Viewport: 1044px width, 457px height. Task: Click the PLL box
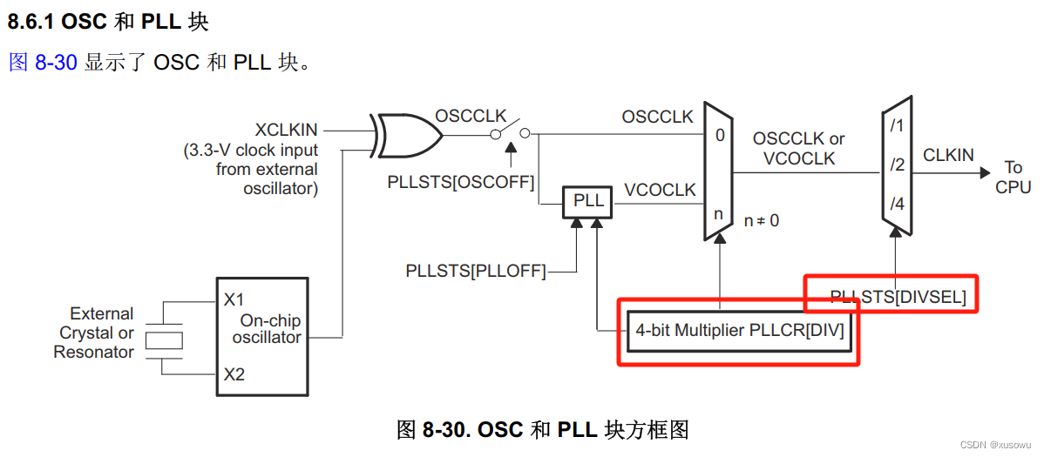pyautogui.click(x=588, y=201)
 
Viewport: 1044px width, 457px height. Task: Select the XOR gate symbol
pyautogui.click(x=406, y=134)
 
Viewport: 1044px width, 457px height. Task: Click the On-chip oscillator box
pyautogui.click(x=262, y=337)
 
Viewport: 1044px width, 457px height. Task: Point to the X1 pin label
pyautogui.click(x=234, y=300)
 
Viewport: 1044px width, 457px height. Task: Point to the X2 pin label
pyautogui.click(x=234, y=375)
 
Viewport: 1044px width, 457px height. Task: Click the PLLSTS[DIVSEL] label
pyautogui.click(x=898, y=297)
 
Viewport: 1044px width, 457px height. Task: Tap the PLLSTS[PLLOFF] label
pyautogui.click(x=475, y=272)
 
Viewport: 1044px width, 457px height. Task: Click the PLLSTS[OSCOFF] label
pyautogui.click(x=461, y=182)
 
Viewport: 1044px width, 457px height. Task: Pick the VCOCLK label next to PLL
pyautogui.click(x=660, y=190)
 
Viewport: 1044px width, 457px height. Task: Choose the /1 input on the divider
pyautogui.click(x=897, y=125)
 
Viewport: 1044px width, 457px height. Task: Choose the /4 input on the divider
pyautogui.click(x=897, y=205)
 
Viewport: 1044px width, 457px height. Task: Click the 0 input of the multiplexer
pyautogui.click(x=719, y=135)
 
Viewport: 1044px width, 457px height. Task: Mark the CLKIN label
pyautogui.click(x=948, y=155)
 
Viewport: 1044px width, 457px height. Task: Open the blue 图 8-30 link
pyautogui.click(x=43, y=63)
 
